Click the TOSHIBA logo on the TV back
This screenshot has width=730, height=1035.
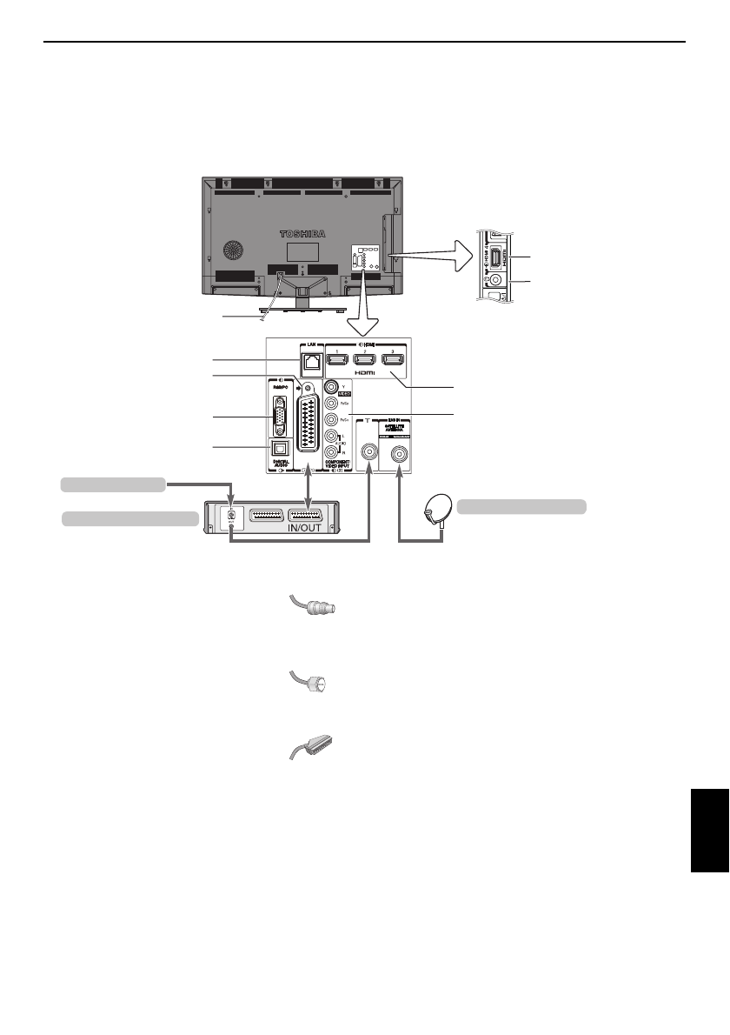306,234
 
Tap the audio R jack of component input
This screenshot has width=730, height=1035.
330,452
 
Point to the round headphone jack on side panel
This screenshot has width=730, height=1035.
495,280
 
